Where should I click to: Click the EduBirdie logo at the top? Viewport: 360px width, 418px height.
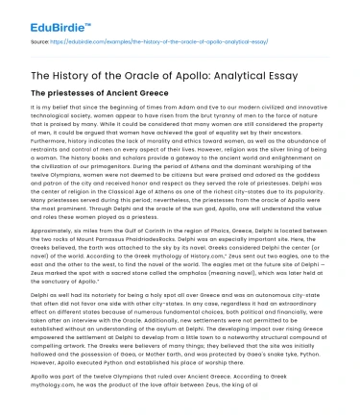point(37,13)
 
